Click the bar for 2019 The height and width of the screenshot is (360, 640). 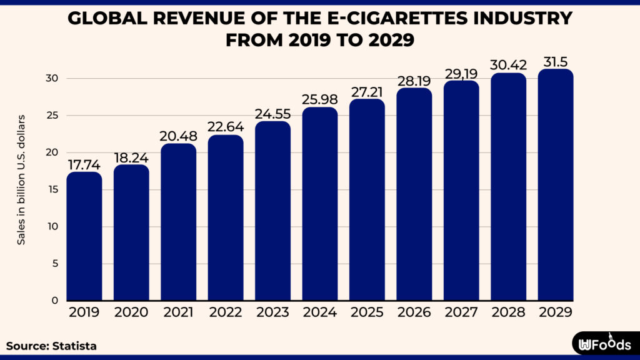click(x=84, y=237)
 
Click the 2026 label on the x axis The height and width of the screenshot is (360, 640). click(x=414, y=312)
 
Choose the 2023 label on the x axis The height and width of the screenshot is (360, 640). click(x=272, y=312)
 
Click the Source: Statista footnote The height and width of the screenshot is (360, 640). click(x=52, y=345)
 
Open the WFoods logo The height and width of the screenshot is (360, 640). click(x=605, y=344)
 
